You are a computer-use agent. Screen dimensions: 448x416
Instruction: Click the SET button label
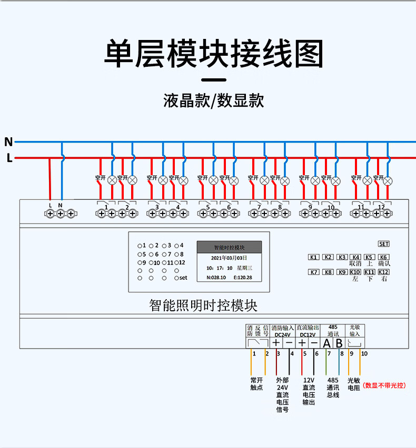point(383,244)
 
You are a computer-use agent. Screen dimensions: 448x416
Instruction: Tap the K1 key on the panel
point(314,257)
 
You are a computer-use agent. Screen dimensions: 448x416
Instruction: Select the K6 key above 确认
point(384,257)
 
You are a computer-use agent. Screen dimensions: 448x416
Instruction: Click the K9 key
point(342,272)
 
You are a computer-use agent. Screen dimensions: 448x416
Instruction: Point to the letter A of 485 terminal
point(326,343)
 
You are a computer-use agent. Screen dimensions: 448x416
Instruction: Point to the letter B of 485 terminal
point(339,343)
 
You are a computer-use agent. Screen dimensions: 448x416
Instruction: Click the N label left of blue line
point(8,142)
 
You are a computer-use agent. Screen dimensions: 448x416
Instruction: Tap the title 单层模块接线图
point(213,54)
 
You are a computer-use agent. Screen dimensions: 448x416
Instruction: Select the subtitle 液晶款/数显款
point(213,100)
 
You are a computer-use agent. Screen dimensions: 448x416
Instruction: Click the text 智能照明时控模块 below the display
point(203,305)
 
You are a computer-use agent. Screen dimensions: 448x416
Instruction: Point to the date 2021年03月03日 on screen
point(228,258)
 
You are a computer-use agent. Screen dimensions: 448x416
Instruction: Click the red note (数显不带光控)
point(384,385)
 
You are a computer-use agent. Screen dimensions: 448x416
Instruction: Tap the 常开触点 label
point(256,383)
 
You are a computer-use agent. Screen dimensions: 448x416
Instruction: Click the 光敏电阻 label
point(353,383)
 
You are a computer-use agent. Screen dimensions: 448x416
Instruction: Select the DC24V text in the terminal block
point(282,334)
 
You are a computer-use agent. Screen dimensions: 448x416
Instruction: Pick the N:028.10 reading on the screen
point(216,278)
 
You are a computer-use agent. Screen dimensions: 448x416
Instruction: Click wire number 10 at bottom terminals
point(364,353)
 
